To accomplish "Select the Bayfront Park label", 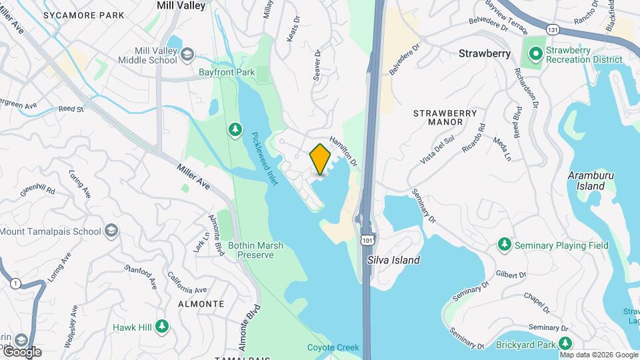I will (227, 72).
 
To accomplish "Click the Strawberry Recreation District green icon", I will (535, 52).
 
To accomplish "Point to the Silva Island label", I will (393, 260).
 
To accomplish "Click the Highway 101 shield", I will (367, 238).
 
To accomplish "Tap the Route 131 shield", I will (551, 30).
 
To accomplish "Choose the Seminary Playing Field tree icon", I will (505, 245).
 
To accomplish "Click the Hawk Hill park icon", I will (161, 327).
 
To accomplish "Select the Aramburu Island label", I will (587, 181).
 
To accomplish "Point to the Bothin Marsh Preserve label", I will (255, 250).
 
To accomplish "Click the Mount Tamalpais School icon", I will (111, 231).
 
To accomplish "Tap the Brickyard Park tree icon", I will (565, 344).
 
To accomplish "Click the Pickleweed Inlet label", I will (263, 157).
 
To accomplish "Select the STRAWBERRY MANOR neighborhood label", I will (445, 117).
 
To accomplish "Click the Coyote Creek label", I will (333, 347).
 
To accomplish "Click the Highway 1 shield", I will (15, 284).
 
